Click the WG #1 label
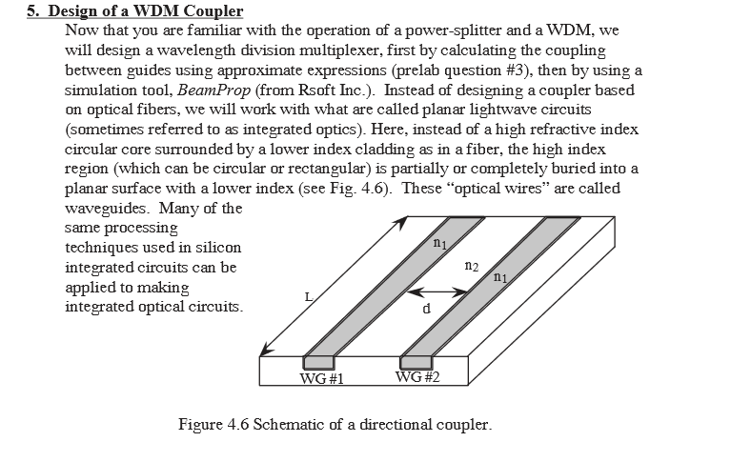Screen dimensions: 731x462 [x=321, y=378]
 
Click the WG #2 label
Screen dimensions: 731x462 [x=417, y=376]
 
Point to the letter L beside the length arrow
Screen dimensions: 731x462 [x=309, y=297]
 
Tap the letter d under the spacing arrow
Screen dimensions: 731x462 [x=426, y=308]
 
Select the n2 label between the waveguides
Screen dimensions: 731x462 [x=472, y=266]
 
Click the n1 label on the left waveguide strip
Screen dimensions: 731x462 [x=439, y=243]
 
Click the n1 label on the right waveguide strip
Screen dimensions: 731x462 [x=500, y=277]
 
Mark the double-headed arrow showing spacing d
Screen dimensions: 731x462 [x=437, y=292]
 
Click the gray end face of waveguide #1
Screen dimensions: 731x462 [x=319, y=363]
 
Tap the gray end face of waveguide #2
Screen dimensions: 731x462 [x=416, y=363]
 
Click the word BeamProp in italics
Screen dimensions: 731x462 [x=214, y=90]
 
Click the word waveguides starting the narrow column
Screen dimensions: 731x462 [x=108, y=208]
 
